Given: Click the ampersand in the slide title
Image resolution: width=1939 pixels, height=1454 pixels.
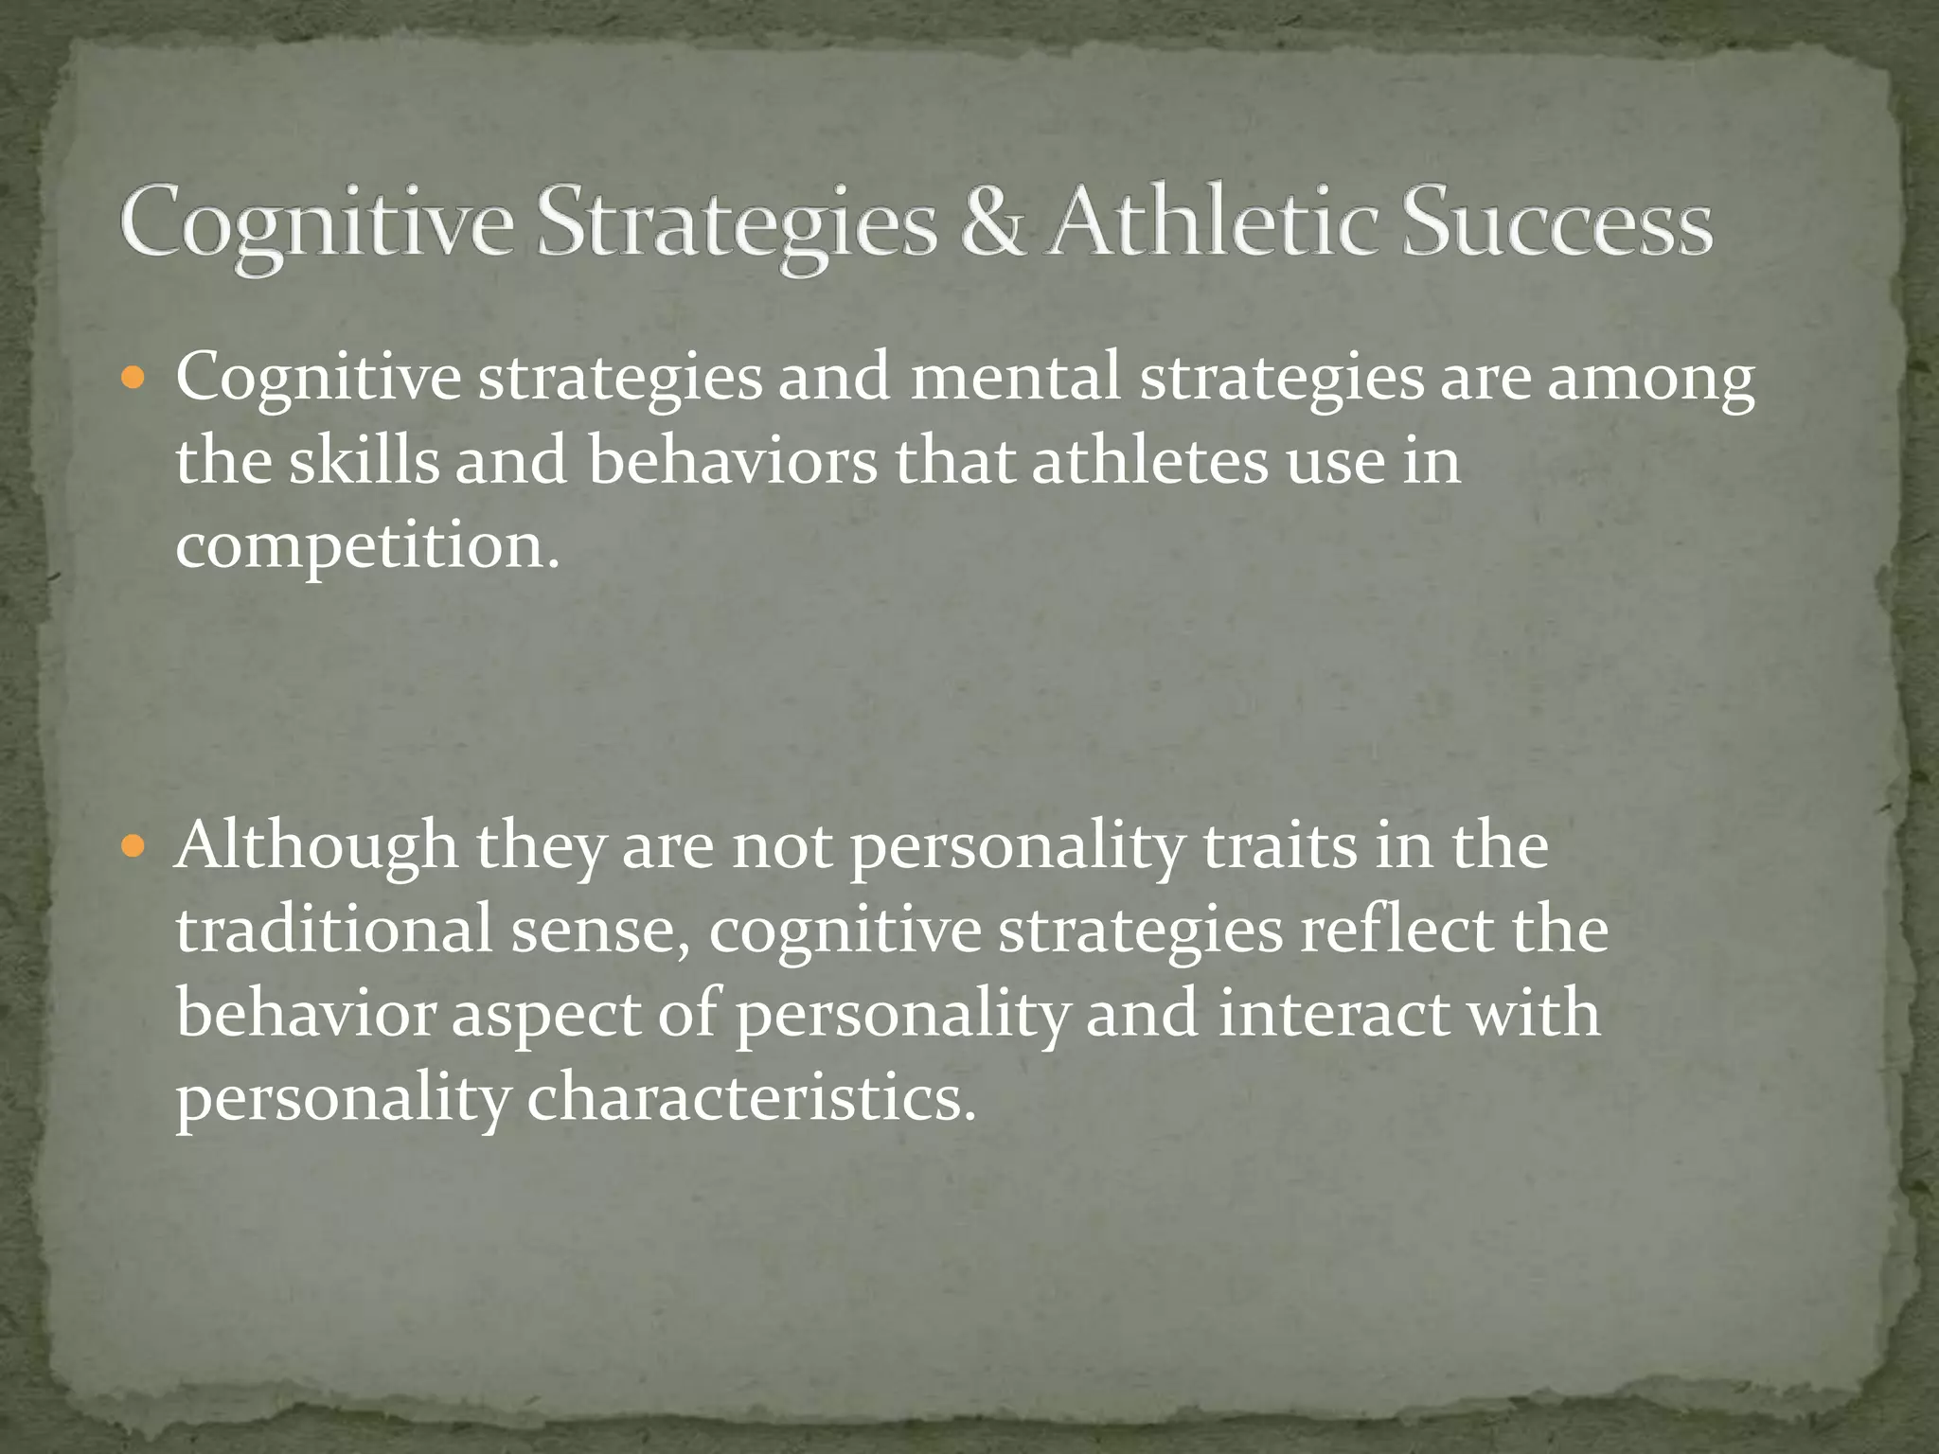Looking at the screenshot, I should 992,223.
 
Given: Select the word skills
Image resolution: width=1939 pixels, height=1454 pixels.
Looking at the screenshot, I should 364,461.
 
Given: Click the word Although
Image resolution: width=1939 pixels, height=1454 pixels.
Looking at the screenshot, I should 316,845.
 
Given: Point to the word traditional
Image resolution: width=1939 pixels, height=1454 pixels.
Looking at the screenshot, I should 334,929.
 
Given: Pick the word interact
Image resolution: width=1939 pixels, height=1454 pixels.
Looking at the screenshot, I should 1334,1013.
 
